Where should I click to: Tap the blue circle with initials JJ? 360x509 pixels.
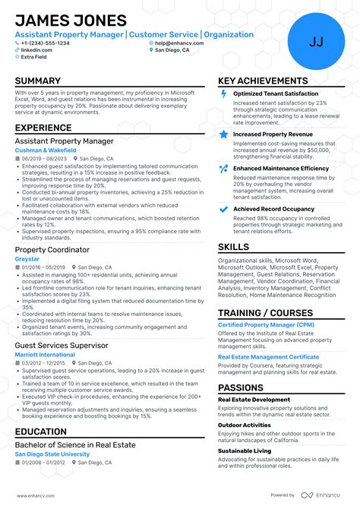316,42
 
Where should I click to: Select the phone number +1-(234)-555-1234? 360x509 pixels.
45,43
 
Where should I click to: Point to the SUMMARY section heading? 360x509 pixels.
38,81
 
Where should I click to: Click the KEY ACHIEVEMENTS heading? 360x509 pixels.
263,81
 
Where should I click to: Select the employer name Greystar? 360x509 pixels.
27,259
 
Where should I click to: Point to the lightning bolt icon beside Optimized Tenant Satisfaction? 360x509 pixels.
223,93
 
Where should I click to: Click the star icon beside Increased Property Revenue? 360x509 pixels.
223,134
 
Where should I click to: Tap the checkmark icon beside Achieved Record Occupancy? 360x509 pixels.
223,208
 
